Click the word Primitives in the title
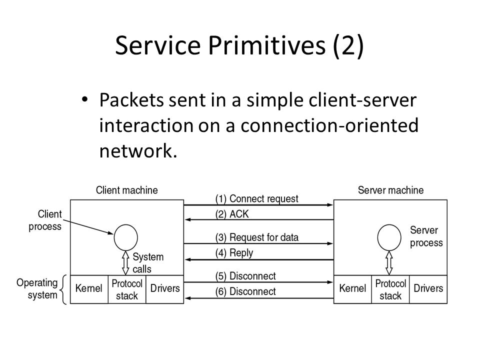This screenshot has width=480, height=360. pyautogui.click(x=267, y=45)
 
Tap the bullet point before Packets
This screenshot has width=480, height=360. pyautogui.click(x=85, y=99)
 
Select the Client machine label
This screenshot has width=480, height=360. pyautogui.click(x=126, y=190)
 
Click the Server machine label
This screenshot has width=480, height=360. pyautogui.click(x=390, y=190)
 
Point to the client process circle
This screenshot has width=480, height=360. pyautogui.click(x=126, y=237)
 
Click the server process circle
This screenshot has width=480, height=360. pyautogui.click(x=389, y=237)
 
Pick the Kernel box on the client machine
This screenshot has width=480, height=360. pyautogui.click(x=89, y=289)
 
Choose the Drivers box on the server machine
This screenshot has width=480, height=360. pyautogui.click(x=428, y=289)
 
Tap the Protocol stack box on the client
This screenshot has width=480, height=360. pyautogui.click(x=127, y=289)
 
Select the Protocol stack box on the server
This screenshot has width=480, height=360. pyautogui.click(x=390, y=289)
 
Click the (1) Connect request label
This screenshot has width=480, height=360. pyautogui.click(x=256, y=199)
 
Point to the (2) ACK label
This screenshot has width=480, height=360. pyautogui.click(x=231, y=214)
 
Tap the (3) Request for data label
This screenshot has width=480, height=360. pyautogui.click(x=256, y=237)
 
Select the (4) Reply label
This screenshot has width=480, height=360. pyautogui.click(x=234, y=253)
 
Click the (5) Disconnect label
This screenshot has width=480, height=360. pyautogui.click(x=245, y=276)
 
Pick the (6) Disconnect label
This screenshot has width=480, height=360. pyautogui.click(x=245, y=291)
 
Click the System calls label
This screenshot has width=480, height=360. pyautogui.click(x=148, y=263)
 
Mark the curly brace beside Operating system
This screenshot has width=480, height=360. pyautogui.click(x=63, y=289)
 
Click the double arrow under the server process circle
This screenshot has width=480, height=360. pyautogui.click(x=389, y=263)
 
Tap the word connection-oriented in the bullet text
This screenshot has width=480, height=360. pyautogui.click(x=329, y=125)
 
